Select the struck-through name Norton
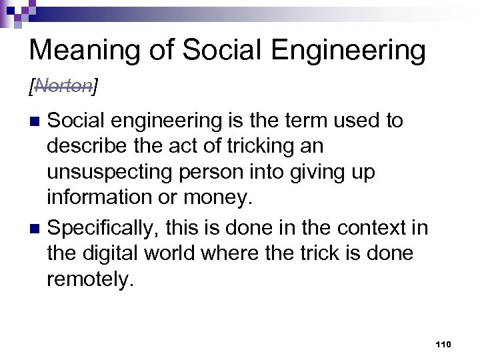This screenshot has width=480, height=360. tap(64, 85)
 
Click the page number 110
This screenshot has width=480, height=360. tap(443, 344)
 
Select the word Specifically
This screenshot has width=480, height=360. tap(106, 228)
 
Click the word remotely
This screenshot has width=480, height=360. tap(90, 280)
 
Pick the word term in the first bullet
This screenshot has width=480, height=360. tap(298, 121)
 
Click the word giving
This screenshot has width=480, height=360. tap(318, 173)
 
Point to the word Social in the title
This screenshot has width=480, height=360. tap(212, 51)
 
